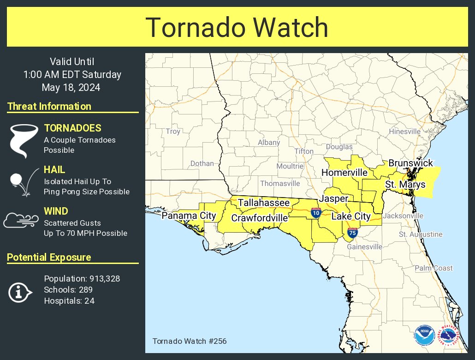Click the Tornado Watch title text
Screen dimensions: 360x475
pos(237,28)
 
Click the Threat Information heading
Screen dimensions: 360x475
pos(49,107)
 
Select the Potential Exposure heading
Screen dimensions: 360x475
pos(49,258)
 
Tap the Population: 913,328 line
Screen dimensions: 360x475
pos(82,278)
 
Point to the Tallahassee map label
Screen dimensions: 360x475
pos(264,203)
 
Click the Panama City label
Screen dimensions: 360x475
pos(189,216)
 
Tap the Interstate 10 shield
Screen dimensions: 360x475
pos(316,213)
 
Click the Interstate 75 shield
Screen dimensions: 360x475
pos(352,232)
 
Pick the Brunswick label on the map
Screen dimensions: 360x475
pos(410,163)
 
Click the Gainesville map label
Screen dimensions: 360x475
pos(365,246)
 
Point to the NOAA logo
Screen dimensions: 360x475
pos(424,336)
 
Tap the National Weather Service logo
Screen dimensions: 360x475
pos(448,336)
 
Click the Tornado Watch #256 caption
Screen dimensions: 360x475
pos(189,342)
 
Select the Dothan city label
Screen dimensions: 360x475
pos(202,163)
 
